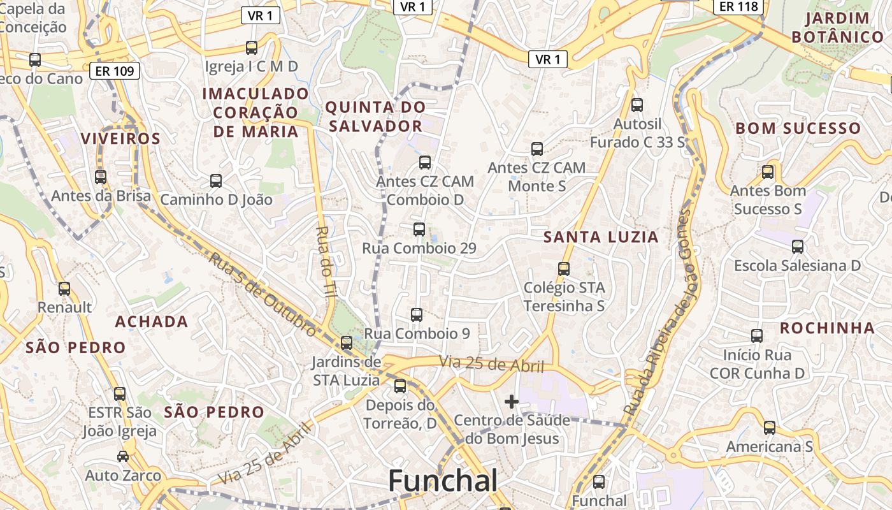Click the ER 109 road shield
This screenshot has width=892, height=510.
click(115, 71)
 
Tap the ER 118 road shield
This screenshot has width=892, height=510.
click(739, 6)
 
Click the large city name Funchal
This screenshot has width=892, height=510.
click(443, 480)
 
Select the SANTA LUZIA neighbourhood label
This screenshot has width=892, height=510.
click(601, 237)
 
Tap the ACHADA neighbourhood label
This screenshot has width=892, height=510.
click(152, 321)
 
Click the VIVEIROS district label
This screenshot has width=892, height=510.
click(120, 138)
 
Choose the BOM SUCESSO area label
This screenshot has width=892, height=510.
click(798, 128)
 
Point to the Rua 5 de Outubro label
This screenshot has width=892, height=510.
click(263, 295)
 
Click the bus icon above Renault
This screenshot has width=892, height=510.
click(64, 289)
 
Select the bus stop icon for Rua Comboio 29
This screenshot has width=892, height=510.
click(419, 229)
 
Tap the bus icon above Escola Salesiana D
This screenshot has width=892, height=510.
click(797, 247)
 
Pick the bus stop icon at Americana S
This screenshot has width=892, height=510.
click(770, 428)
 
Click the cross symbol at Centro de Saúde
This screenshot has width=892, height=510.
click(511, 402)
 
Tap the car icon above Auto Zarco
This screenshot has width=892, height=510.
click(123, 456)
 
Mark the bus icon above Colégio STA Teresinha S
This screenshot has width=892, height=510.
click(564, 269)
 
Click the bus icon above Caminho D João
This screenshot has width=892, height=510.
click(216, 181)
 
